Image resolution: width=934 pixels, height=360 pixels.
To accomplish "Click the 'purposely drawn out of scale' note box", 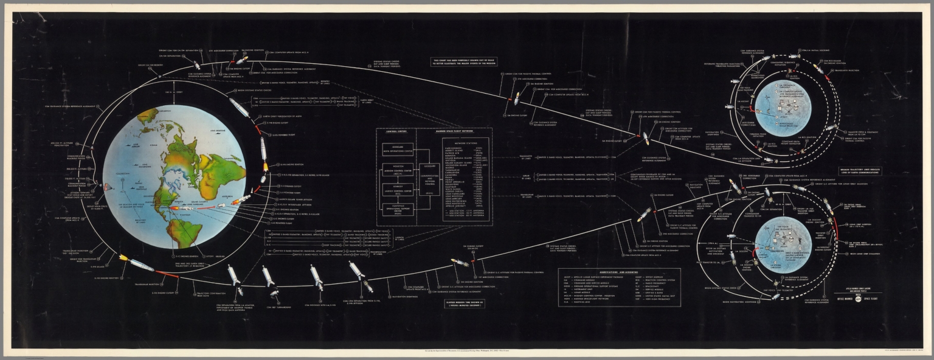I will pos(464,61).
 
